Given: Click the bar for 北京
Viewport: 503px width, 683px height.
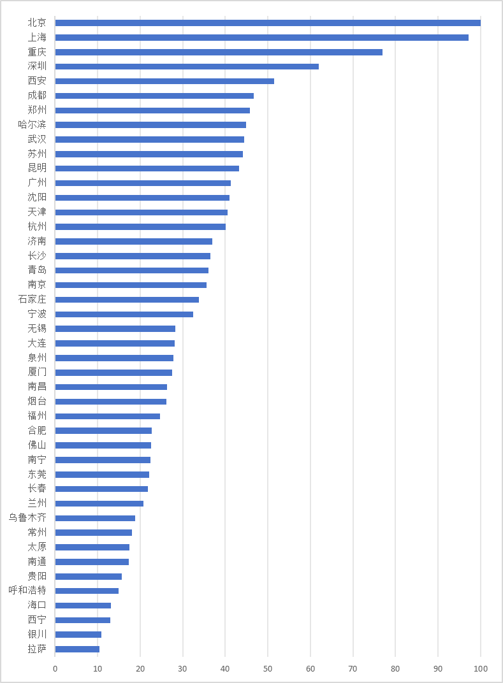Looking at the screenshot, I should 268,23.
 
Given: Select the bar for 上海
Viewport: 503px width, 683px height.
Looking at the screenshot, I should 261,38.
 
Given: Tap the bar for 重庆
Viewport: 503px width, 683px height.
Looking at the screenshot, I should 219,52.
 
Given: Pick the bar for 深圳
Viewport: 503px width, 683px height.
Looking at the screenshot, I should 187,66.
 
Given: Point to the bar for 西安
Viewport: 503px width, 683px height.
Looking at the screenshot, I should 164,81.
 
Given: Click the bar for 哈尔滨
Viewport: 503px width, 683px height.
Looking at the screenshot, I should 150,125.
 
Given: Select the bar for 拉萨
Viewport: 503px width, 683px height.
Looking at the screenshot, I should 77,649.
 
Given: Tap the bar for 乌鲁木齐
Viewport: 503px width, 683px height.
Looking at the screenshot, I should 95,518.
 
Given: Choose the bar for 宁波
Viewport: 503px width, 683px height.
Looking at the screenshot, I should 124,314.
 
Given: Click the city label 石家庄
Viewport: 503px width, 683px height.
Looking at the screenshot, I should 32,299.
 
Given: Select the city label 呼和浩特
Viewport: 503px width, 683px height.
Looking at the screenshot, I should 27,591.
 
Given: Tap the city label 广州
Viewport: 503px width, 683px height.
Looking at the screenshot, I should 37,183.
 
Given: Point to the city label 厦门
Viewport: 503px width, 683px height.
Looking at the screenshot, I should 37,372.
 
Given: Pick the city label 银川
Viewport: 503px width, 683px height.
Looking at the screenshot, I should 37,635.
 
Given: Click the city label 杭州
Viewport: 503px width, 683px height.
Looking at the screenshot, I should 37,227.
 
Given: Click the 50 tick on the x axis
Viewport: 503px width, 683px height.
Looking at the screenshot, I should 268,669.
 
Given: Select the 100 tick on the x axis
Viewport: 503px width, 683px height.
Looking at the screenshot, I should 480,669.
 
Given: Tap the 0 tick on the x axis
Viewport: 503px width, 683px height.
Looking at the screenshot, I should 55,669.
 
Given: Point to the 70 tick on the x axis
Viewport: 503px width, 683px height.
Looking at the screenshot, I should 353,669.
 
